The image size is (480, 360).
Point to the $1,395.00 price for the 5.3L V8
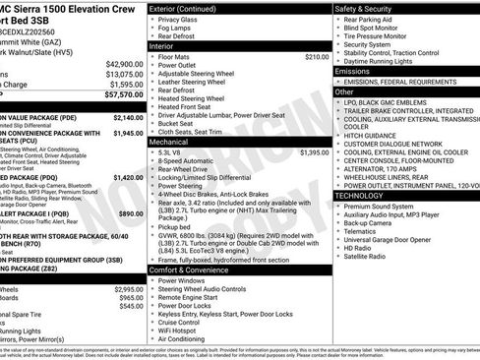(314, 152)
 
